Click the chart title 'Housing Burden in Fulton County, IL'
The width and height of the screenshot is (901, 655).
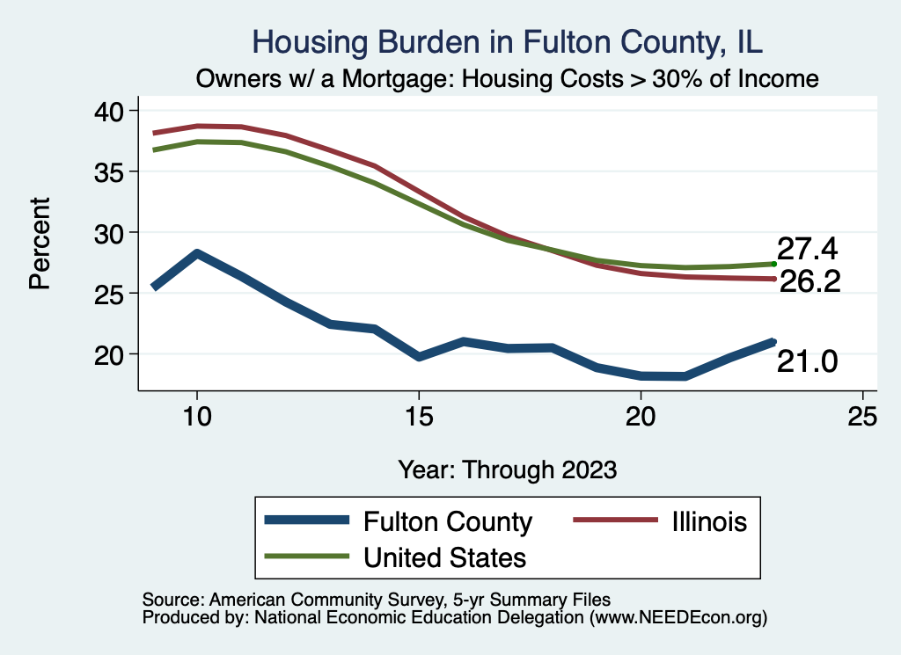point(508,40)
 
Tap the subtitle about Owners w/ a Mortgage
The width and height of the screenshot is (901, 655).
point(508,79)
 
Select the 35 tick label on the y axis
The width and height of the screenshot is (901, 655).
point(112,171)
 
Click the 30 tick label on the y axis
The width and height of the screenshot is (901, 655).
point(112,232)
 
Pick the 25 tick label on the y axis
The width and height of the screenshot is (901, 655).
point(112,293)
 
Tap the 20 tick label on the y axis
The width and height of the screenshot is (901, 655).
point(112,353)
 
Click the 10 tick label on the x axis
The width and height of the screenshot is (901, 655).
point(197,416)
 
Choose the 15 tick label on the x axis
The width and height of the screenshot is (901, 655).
point(419,416)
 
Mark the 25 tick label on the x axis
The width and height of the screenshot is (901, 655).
point(862,416)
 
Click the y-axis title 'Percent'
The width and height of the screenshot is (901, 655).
point(40,244)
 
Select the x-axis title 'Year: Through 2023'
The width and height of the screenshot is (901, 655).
point(508,469)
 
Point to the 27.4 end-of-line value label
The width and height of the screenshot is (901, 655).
point(805,249)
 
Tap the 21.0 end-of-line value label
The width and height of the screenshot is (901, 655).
point(805,360)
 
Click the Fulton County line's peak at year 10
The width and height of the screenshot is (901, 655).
point(197,254)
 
